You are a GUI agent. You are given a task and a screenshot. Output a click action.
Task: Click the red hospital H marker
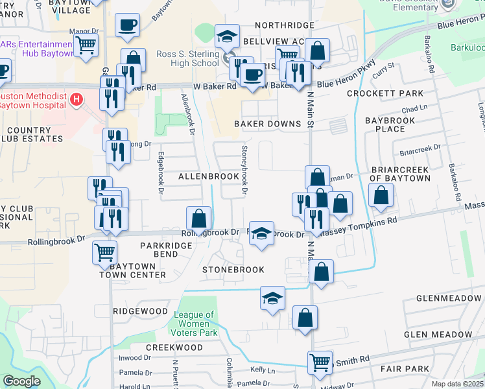(77, 100)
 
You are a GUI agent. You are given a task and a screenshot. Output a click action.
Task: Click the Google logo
(21, 381)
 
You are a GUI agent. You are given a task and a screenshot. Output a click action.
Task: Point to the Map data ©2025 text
(458, 384)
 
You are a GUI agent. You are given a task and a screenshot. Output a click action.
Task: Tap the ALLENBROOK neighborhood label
(209, 176)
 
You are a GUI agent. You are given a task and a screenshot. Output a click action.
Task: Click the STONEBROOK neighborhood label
(233, 269)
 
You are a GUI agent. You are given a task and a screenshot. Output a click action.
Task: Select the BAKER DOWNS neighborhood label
(264, 124)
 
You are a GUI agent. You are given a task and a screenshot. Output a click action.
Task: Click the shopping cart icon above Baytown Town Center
(104, 252)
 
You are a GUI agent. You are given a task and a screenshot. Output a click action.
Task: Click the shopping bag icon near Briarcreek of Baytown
(381, 194)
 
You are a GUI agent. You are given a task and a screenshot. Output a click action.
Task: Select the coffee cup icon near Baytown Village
(127, 25)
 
